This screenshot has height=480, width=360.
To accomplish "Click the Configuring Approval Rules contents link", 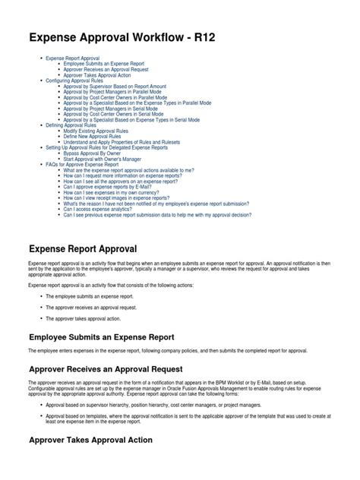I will click(76, 80).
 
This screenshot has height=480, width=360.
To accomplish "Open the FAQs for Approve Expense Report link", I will click(82, 164).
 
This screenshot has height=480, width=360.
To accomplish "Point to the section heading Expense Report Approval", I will click(82, 248).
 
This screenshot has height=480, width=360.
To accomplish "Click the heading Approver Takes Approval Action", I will click(90, 440).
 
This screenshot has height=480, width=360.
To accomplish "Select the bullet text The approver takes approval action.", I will click(84, 318).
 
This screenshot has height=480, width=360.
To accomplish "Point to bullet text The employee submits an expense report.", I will click(89, 296).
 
